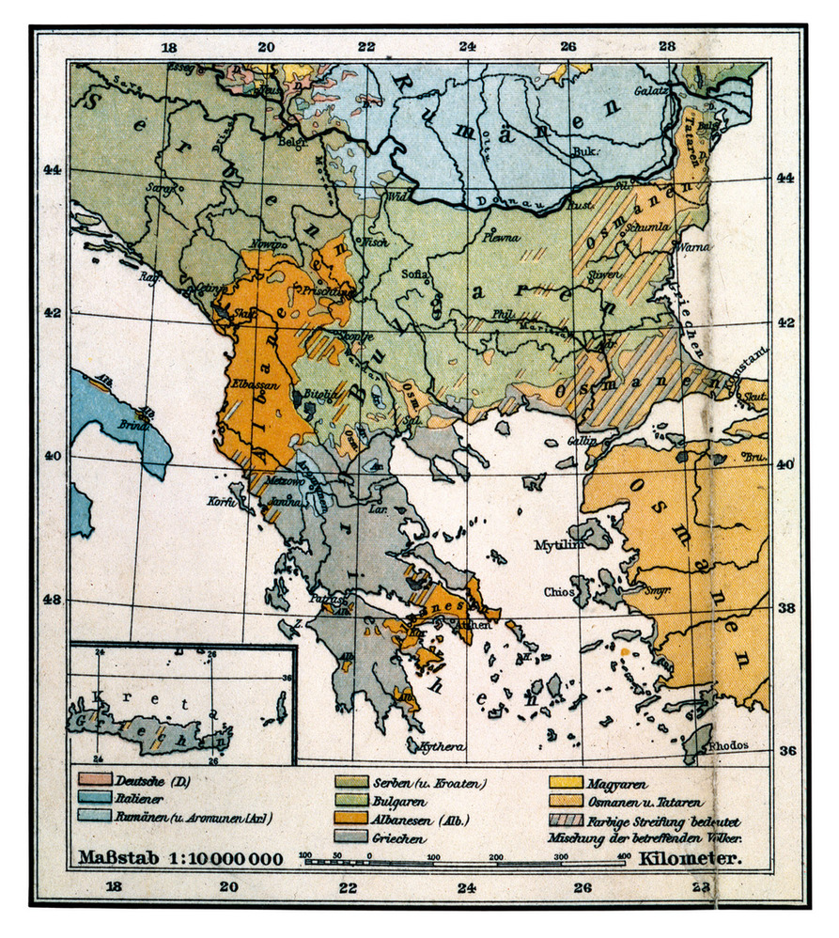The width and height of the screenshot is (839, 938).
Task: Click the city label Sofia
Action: (414, 274)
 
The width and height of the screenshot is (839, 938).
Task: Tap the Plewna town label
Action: (502, 238)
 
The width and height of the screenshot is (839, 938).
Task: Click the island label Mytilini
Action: (560, 544)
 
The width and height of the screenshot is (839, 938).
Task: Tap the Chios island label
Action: (558, 592)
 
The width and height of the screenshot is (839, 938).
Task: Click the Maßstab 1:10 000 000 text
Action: (179, 858)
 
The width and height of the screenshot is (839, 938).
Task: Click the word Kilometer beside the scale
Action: (691, 858)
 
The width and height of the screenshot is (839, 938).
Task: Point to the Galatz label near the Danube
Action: (655, 94)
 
